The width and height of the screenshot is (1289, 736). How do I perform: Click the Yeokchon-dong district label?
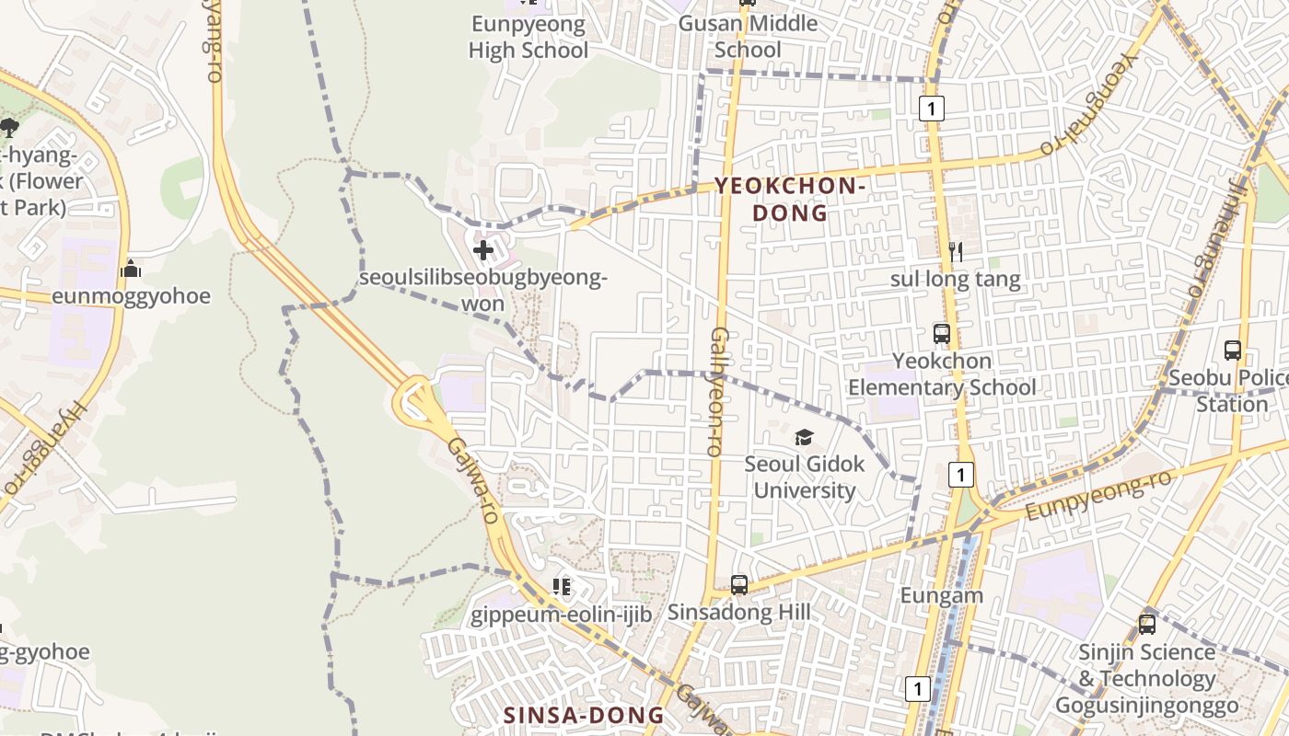pyautogui.click(x=790, y=200)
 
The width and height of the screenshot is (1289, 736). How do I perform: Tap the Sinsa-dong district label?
pyautogui.click(x=584, y=715)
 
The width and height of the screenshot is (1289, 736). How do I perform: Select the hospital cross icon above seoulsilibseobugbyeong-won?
pyautogui.click(x=483, y=248)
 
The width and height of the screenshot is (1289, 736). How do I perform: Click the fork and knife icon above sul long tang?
pyautogui.click(x=956, y=251)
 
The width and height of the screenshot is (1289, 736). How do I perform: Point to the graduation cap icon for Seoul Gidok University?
pyautogui.click(x=805, y=437)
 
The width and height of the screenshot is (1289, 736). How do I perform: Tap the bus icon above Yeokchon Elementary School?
pyautogui.click(x=941, y=334)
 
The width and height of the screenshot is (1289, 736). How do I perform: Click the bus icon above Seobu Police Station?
pyautogui.click(x=1233, y=351)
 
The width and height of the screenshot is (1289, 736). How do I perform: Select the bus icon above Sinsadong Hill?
pyautogui.click(x=738, y=585)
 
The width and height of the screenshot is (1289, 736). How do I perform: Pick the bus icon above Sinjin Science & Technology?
pyautogui.click(x=1147, y=625)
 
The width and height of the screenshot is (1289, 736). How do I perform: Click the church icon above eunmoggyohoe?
pyautogui.click(x=131, y=269)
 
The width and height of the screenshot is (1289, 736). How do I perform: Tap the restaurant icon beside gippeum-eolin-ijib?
pyautogui.click(x=562, y=587)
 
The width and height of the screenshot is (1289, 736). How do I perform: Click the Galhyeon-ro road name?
pyautogui.click(x=718, y=391)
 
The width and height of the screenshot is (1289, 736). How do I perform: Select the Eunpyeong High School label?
pyautogui.click(x=528, y=37)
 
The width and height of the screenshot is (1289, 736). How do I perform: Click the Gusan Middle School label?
pyautogui.click(x=748, y=37)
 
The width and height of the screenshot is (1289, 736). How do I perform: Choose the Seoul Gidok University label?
pyautogui.click(x=805, y=477)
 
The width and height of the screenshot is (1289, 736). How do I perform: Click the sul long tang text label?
pyautogui.click(x=955, y=279)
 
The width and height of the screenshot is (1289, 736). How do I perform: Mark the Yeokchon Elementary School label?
pyautogui.click(x=941, y=374)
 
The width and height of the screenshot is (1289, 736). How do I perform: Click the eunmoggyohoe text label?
pyautogui.click(x=131, y=296)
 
